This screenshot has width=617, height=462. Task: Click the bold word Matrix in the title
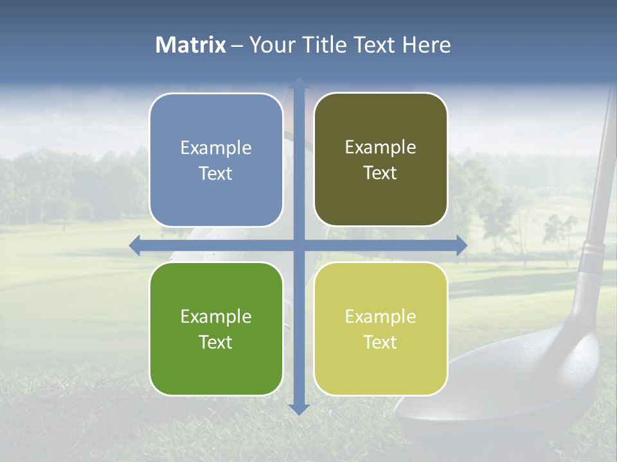[191, 45]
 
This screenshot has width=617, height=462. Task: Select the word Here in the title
[426, 45]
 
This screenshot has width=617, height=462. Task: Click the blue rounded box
[216, 160]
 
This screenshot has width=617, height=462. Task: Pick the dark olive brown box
[380, 160]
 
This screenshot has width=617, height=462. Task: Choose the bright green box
[216, 329]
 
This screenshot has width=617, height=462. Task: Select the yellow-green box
[380, 329]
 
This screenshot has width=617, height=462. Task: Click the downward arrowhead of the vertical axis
[298, 409]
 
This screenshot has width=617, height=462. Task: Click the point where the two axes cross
[298, 245]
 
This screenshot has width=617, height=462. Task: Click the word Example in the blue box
[216, 148]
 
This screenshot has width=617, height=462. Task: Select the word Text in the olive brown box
[380, 173]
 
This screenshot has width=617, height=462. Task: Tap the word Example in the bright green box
[216, 316]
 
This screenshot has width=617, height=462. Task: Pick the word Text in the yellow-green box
[380, 342]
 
